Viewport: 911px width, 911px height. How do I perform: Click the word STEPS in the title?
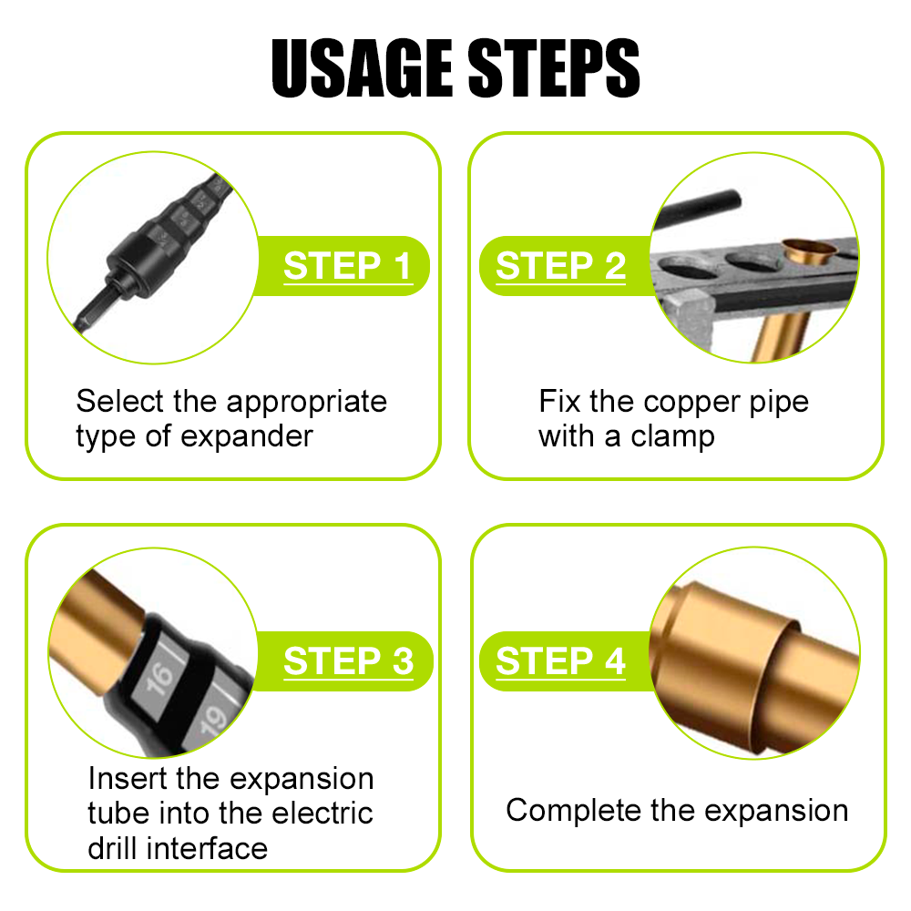coord(548,68)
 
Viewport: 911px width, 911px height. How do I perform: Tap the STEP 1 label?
coord(347,266)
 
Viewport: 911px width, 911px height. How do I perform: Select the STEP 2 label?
coord(561,266)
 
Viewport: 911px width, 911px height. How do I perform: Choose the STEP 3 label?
coord(348,661)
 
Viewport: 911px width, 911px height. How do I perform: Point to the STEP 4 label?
coord(561,661)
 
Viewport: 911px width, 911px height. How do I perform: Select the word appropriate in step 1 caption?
coord(306,402)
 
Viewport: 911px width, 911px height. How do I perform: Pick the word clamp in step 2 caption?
coord(670,436)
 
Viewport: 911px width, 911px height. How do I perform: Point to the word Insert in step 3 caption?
coord(128,779)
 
